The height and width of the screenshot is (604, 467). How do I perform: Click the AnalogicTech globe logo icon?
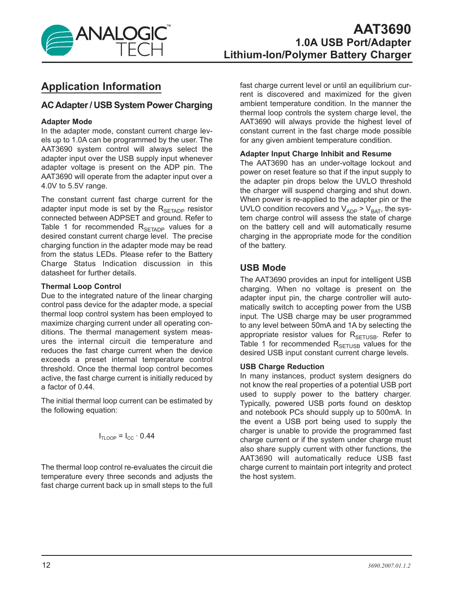coord(57,40)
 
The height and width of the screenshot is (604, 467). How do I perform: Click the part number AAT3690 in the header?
coord(382,29)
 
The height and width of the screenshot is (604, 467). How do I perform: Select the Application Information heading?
coord(101,87)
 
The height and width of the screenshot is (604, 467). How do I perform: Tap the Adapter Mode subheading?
coord(66,122)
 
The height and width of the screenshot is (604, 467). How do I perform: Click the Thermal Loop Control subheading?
coord(81,286)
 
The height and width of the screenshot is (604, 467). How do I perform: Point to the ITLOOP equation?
coord(127,436)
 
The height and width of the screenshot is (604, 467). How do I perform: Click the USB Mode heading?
coord(263,268)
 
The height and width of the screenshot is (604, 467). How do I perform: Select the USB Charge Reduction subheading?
coord(282,367)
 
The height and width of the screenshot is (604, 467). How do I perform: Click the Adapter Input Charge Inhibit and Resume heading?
coord(315,154)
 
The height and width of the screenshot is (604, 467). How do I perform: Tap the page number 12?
coord(46,565)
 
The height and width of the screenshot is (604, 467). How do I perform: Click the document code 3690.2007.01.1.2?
coord(389,566)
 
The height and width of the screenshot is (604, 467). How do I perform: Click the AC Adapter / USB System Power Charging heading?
coord(127,105)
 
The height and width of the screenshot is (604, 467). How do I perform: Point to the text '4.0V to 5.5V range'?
coord(74,186)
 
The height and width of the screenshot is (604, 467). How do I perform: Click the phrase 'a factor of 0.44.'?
coord(68,387)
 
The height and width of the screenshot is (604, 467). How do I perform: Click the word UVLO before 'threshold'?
coord(366,181)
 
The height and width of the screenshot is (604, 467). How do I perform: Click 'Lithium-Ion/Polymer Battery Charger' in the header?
coord(317,55)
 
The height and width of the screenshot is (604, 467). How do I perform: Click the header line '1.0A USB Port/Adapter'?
coord(353,43)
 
